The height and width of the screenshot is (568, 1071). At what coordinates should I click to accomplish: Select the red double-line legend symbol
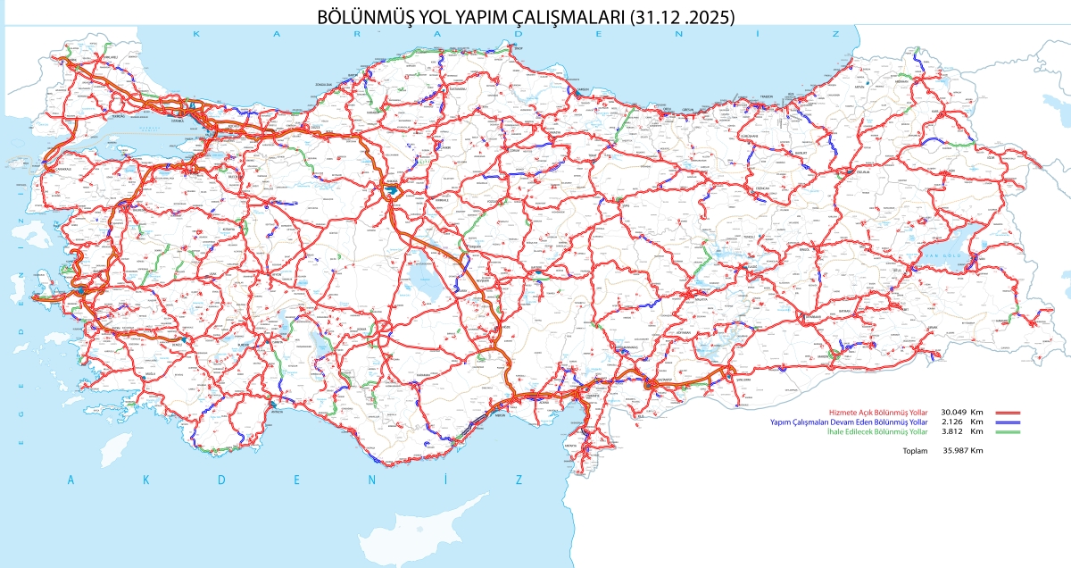pos(1006,413)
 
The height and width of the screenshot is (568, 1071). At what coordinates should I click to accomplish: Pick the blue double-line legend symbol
pos(1006,422)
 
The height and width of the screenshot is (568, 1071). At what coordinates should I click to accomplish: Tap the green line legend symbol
pos(1006,431)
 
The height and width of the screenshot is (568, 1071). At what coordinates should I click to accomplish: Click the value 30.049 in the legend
pos(956,412)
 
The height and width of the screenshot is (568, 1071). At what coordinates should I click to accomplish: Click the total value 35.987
pos(956,451)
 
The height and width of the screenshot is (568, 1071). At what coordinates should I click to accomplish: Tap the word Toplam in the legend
pos(915,451)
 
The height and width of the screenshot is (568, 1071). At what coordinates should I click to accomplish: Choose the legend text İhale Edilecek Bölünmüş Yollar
pos(865,431)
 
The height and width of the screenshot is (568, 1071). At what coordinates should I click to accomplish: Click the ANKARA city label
pos(390,180)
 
